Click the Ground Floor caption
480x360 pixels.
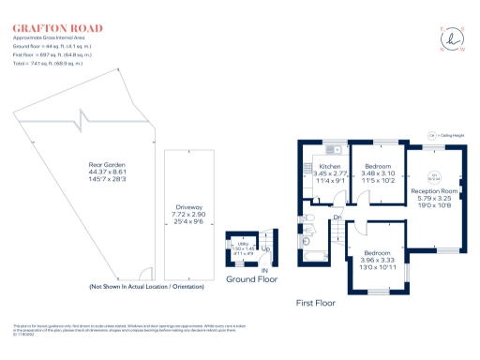tap(251, 278)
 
